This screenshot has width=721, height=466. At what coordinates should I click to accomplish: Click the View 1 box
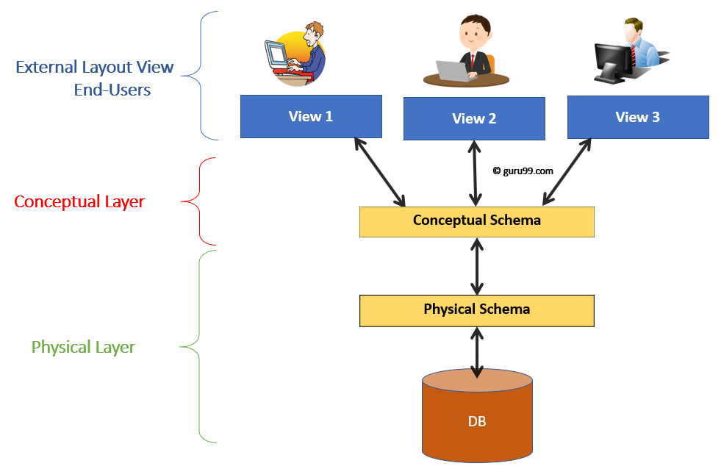click(x=311, y=116)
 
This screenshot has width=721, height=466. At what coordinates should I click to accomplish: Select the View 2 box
click(x=474, y=118)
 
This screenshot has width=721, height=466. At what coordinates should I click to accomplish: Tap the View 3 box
click(x=637, y=117)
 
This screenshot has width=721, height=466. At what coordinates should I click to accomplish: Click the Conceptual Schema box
click(x=476, y=221)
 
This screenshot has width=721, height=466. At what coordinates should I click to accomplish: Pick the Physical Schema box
click(x=476, y=309)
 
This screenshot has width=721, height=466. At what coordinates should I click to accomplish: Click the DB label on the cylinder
click(x=476, y=422)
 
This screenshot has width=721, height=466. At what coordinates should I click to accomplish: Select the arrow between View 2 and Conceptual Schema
click(x=476, y=173)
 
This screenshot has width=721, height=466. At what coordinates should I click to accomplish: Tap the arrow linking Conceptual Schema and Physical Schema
click(x=477, y=265)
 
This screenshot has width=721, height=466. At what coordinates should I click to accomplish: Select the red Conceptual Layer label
click(x=79, y=201)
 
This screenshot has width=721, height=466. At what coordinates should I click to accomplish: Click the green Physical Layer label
click(x=83, y=347)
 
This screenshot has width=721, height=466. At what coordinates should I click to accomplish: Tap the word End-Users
click(x=112, y=90)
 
